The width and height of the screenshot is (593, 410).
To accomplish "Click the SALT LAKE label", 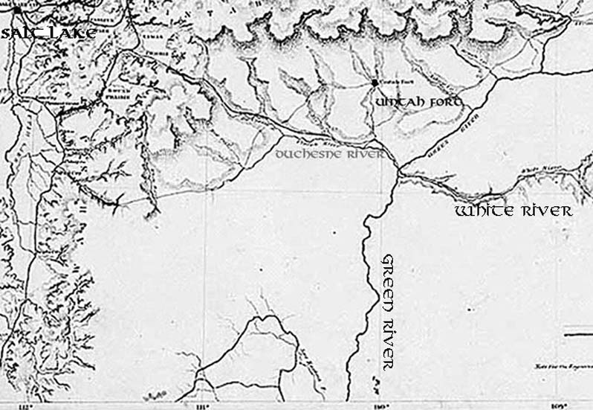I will tap(48, 33).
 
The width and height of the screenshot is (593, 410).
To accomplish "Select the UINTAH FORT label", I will tap(420, 102).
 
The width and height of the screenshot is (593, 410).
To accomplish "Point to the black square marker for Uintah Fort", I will tap(375, 82).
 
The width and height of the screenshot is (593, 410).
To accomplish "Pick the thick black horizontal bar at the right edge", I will tap(577, 327).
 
